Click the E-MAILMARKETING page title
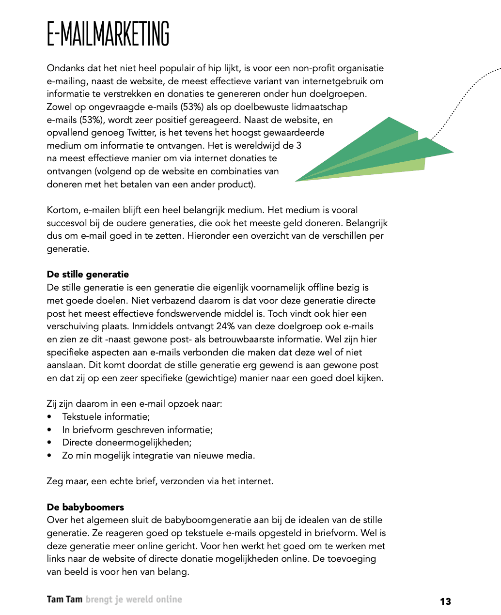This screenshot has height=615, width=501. point(108,34)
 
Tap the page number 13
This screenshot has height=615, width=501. point(445,601)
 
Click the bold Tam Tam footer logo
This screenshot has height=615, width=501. point(64,600)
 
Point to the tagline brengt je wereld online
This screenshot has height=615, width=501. point(134,600)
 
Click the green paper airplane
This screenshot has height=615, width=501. point(373,153)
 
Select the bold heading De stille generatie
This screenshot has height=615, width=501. point(88,275)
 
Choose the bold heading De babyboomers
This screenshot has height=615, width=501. point(85,507)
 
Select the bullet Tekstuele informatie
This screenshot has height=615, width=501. point(106,416)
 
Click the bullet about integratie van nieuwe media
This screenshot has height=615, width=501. point(158,455)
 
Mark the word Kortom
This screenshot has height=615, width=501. point(63,210)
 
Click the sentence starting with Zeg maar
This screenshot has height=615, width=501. point(160,481)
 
